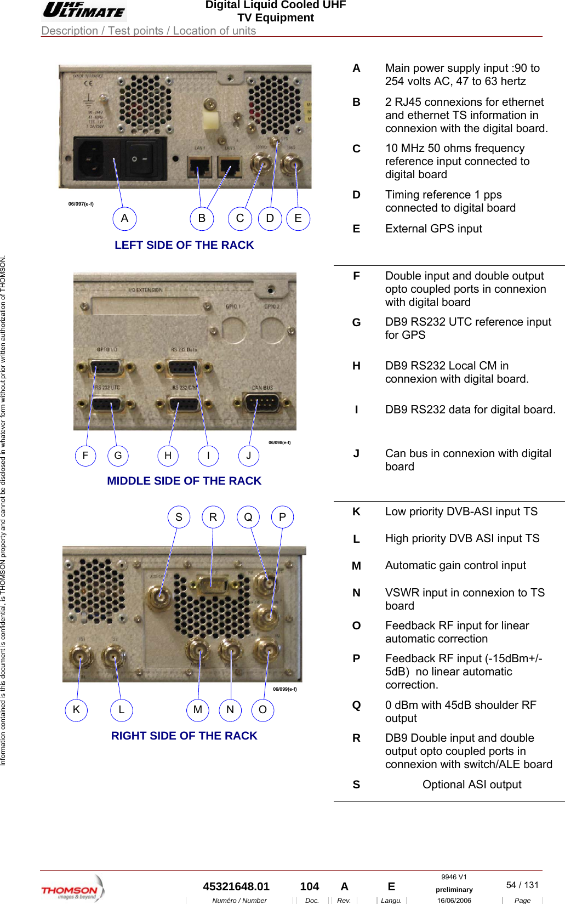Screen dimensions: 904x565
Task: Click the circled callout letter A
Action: coord(124,218)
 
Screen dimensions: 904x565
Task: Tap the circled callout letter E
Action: coord(298,218)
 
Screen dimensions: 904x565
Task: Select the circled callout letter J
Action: coord(249,456)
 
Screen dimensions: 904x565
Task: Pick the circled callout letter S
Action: coord(179,517)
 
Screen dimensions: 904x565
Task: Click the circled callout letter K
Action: coord(76,710)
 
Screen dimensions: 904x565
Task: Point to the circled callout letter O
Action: coord(262,710)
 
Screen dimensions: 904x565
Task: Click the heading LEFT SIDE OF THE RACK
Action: coord(184,245)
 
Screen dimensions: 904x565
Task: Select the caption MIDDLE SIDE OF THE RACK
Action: coord(184,481)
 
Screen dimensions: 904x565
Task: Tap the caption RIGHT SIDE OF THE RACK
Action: coord(184,736)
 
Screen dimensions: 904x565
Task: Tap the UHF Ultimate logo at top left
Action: coord(84,10)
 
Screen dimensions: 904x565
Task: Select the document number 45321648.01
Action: coord(236,886)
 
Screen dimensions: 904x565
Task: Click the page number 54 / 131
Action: coord(522,885)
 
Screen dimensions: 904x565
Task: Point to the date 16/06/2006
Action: coord(454,900)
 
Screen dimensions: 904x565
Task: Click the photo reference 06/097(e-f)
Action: coord(81,204)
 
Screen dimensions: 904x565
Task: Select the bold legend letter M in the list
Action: coord(356,566)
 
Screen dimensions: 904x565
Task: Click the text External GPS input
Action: coord(433,229)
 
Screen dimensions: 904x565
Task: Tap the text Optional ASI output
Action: coord(472,784)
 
